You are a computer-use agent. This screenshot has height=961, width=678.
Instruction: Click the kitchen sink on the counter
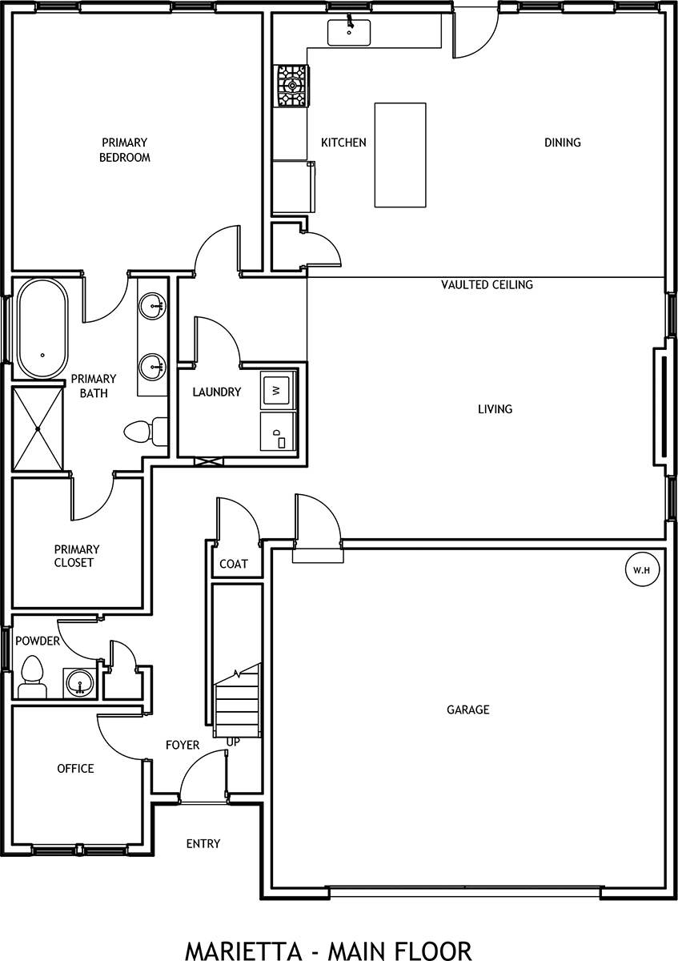(348, 34)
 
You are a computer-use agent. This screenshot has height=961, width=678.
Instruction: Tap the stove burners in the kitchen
(291, 86)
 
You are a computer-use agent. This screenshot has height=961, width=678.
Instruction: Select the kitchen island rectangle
(400, 155)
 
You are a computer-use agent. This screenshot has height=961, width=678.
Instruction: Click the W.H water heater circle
(641, 571)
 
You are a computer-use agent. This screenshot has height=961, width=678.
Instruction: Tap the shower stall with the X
(38, 429)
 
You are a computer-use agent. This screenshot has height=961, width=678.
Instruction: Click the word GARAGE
(467, 710)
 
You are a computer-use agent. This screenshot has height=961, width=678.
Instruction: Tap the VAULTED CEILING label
(487, 284)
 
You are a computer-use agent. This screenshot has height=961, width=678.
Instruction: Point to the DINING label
(562, 143)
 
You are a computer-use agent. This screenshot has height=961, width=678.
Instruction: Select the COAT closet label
(234, 564)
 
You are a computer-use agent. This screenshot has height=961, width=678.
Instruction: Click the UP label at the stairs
(234, 742)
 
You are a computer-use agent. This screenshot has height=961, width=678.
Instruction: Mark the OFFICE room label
(75, 769)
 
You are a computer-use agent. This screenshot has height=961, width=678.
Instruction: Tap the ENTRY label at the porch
(203, 844)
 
